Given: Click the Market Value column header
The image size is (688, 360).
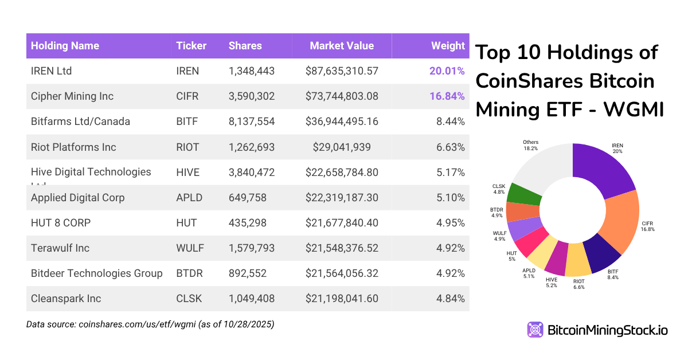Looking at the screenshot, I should click(x=341, y=46).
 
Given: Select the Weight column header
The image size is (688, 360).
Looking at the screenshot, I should click(x=448, y=46).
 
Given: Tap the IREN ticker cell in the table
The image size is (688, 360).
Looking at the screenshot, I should click(x=187, y=71).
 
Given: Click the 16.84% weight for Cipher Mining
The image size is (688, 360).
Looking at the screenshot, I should click(x=447, y=96).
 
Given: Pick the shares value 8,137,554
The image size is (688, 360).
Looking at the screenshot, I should click(x=251, y=122).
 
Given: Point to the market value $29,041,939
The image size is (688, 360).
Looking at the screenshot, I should click(x=342, y=147).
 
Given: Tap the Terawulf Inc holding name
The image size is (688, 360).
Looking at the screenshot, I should click(x=60, y=248).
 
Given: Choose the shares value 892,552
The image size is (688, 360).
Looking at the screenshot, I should click(x=248, y=273).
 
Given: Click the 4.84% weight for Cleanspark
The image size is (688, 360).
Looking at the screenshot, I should click(x=449, y=299).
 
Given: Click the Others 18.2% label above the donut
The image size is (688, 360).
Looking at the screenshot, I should click(x=530, y=144).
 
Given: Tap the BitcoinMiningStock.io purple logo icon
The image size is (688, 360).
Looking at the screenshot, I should click(x=535, y=330).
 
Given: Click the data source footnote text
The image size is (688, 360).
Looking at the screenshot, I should click(x=150, y=324).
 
